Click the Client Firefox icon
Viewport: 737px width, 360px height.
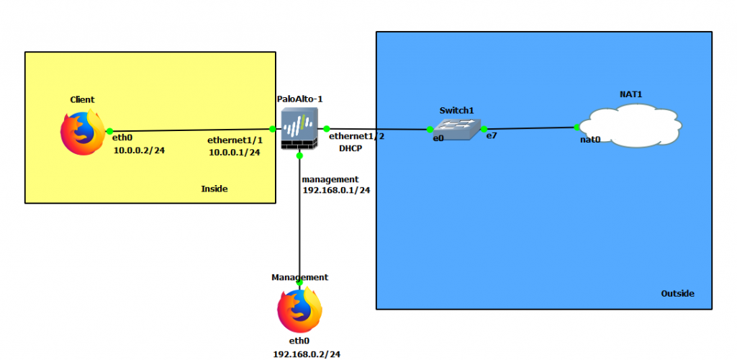[81, 132]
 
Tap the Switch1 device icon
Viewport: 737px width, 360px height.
[456, 129]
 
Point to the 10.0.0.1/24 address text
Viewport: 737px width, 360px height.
[235, 153]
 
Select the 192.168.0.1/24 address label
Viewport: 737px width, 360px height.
[336, 191]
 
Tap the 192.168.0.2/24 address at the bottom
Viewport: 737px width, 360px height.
[307, 354]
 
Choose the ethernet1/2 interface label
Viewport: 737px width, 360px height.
[356, 135]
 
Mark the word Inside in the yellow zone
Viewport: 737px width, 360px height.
[214, 189]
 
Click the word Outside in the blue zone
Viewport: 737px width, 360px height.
[677, 293]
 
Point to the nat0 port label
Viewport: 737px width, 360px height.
[590, 140]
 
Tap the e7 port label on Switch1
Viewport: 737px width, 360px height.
[492, 135]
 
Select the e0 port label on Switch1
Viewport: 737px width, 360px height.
[438, 138]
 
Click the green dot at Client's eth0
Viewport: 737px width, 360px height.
[109, 132]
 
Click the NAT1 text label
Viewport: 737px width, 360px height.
[630, 94]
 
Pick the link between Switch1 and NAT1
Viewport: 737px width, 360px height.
[530, 128]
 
